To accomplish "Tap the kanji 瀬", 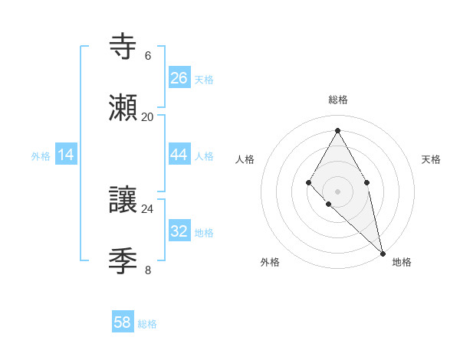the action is click(x=123, y=107).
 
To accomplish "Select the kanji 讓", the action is click(x=123, y=200).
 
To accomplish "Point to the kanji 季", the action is click(x=123, y=262).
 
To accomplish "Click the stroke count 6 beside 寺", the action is click(x=147, y=55).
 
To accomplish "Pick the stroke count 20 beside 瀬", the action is click(x=147, y=117).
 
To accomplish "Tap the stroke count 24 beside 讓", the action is click(x=147, y=209).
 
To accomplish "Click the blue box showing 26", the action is click(x=179, y=78).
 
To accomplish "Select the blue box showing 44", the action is click(x=179, y=155).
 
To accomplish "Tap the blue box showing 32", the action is click(x=179, y=231).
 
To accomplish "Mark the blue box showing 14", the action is click(x=66, y=155).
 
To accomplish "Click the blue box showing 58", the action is click(x=123, y=322).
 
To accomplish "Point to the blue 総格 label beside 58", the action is click(x=147, y=324).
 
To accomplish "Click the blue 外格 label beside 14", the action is click(x=41, y=156).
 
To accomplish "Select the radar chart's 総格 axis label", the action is click(x=337, y=100).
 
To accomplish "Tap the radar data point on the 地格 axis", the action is click(x=383, y=253).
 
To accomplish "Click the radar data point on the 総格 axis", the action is click(x=337, y=129).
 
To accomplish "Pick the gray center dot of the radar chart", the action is click(x=337, y=191).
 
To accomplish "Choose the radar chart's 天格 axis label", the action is click(x=431, y=159).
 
